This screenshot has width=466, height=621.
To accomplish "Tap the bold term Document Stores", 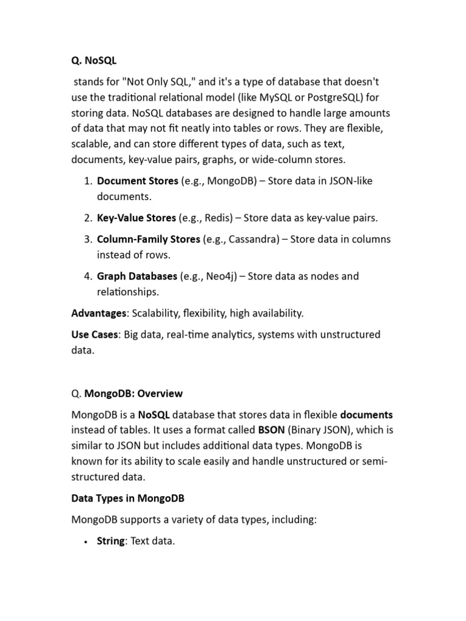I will click(138, 181).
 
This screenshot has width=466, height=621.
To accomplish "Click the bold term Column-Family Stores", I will click(148, 239).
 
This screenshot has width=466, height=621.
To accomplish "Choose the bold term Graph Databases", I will click(137, 276).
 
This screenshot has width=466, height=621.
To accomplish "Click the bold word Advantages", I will click(99, 313).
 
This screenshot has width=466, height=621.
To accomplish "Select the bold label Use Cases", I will click(95, 334).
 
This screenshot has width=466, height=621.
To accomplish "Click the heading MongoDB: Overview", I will click(133, 393).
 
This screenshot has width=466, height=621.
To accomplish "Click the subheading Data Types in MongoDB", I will click(127, 498).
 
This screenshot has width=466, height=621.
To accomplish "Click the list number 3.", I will click(87, 239).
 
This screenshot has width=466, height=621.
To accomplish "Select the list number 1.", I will click(87, 181).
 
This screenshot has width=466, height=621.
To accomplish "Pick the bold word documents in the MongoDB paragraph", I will click(366, 415).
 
